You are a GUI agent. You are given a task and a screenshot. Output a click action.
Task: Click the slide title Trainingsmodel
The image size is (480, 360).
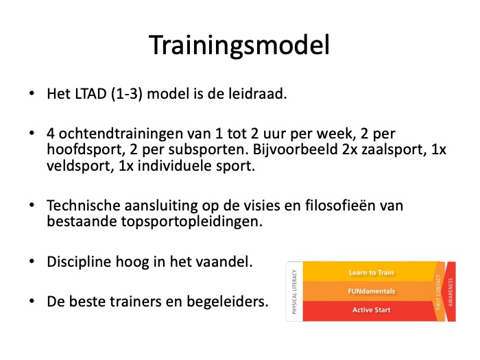[x=239, y=45]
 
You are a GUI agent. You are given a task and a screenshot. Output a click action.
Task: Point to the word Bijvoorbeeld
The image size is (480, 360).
[x=295, y=149]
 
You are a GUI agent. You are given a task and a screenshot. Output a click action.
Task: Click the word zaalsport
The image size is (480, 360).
[x=394, y=149]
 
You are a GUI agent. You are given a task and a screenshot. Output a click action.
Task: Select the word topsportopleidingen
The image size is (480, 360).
[x=191, y=221]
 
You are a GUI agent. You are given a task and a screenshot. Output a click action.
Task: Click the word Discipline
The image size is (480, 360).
[x=79, y=262]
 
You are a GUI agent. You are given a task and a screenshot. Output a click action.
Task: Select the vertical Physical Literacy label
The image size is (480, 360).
[x=294, y=291]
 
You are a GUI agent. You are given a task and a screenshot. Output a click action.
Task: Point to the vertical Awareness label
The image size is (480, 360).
[x=451, y=291]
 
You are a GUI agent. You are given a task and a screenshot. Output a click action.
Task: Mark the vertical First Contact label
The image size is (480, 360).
[x=438, y=292]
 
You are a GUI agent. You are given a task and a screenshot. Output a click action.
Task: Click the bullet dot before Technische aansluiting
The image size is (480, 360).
[x=32, y=205]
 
